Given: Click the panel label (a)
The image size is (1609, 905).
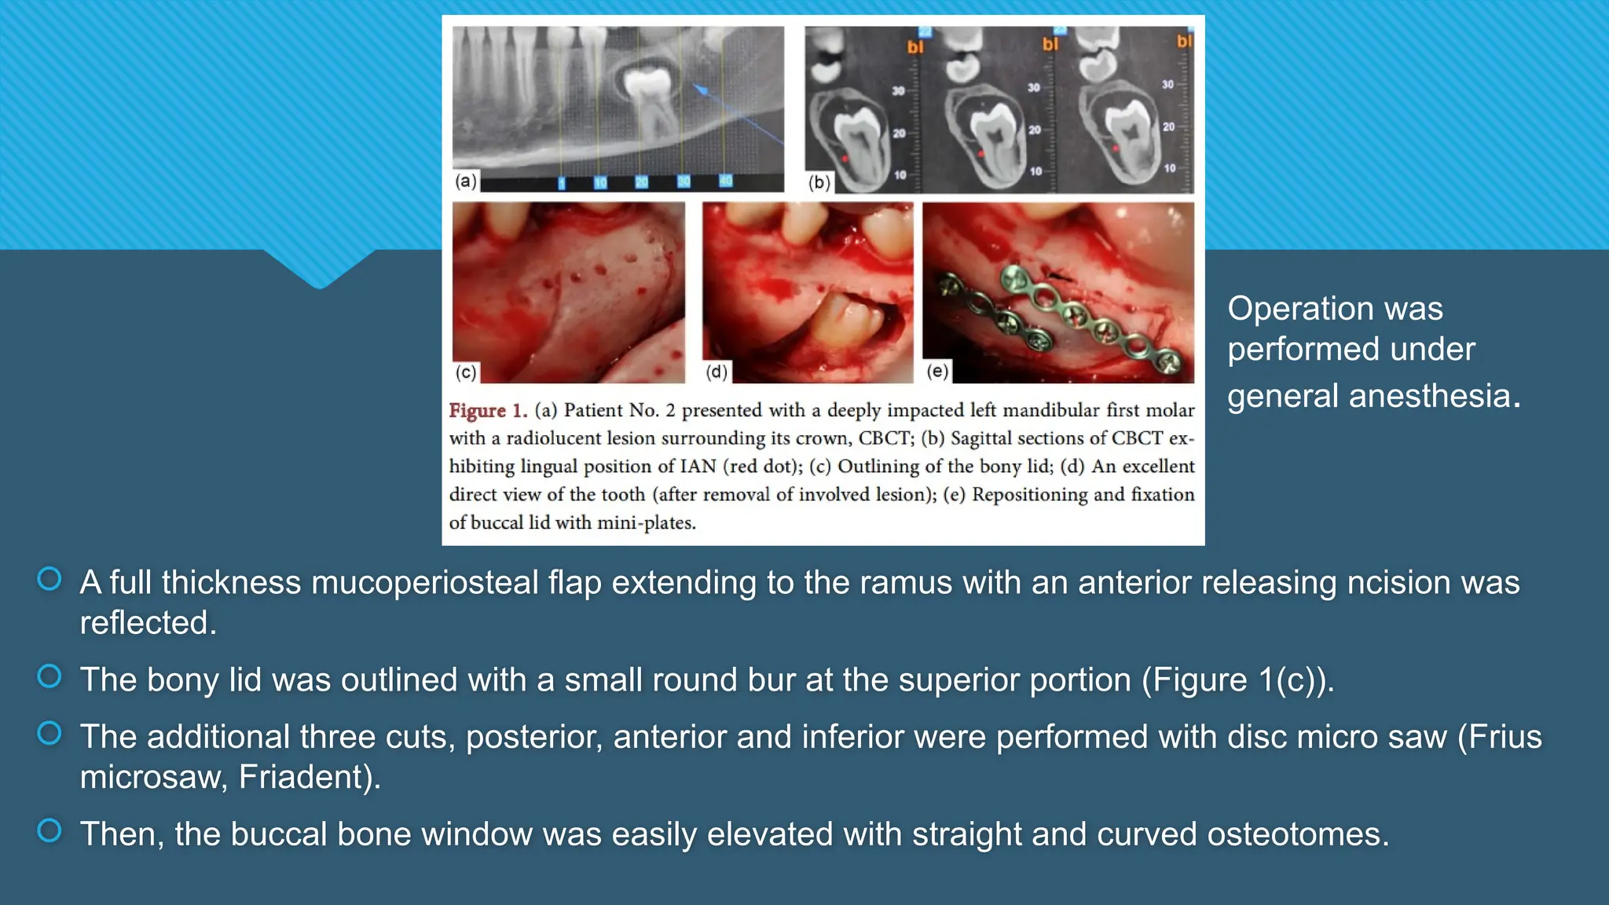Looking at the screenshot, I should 466,181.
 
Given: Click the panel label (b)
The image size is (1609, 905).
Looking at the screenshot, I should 819,182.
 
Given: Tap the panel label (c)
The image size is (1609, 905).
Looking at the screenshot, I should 466,372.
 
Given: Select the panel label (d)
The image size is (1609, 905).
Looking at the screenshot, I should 717,372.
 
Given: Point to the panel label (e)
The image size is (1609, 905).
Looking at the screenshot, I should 937,371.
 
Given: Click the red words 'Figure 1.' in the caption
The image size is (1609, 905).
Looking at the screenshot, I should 488,410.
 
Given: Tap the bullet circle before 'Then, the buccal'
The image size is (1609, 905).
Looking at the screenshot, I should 49,830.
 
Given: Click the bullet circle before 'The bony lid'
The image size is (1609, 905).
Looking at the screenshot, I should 49,676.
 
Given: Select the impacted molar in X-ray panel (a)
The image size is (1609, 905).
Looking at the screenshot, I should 650,102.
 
